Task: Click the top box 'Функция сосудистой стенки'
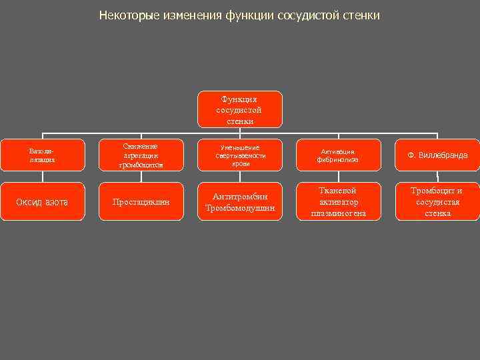(x=239, y=109)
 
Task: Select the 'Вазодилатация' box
(x=43, y=155)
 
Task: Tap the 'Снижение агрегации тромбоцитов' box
(x=141, y=155)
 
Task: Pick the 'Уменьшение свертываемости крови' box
(x=239, y=155)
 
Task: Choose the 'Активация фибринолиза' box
(x=338, y=155)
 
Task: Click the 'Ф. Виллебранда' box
(x=437, y=155)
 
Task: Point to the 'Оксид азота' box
(x=43, y=201)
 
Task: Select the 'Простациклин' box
(x=141, y=201)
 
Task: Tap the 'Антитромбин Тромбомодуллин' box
(x=239, y=201)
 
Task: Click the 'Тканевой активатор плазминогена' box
(x=338, y=201)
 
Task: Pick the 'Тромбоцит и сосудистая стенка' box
(x=437, y=201)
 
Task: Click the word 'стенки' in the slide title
(x=361, y=15)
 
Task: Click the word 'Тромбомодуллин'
(x=239, y=208)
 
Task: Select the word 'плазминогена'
(x=338, y=213)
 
